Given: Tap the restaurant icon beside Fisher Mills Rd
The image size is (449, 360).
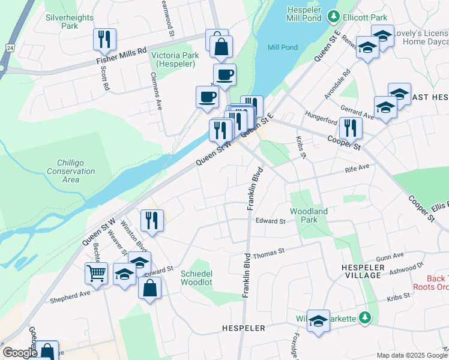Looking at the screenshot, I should pyautogui.click(x=104, y=40).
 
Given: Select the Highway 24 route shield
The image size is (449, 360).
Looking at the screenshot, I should pyautogui.click(x=10, y=47).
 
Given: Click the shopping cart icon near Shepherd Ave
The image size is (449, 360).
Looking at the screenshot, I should pyautogui.click(x=96, y=274).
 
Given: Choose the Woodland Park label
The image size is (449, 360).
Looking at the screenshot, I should pyautogui.click(x=309, y=215).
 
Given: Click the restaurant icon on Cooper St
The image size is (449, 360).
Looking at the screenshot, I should pyautogui.click(x=348, y=127).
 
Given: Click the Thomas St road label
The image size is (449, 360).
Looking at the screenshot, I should pyautogui.click(x=268, y=254).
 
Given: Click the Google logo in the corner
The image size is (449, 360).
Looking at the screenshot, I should pyautogui.click(x=20, y=353).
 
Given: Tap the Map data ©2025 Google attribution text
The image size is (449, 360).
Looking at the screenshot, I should pyautogui.click(x=411, y=355).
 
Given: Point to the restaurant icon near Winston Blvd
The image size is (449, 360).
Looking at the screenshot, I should pyautogui.click(x=152, y=220).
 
